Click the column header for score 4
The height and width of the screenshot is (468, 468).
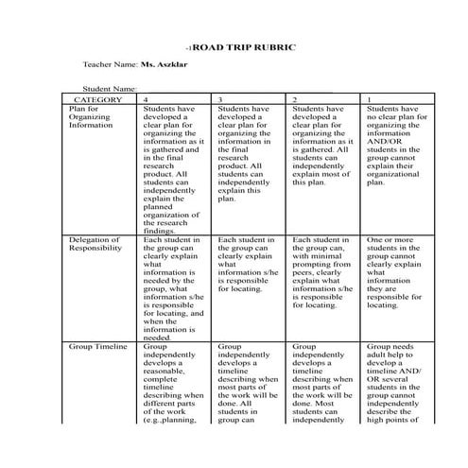145,99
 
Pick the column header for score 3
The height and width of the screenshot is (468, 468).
220,99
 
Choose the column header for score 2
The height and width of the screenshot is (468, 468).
295,99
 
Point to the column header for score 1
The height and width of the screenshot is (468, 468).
369,99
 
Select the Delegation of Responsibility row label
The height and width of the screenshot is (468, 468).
95,245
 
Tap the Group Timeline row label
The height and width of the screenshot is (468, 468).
98,347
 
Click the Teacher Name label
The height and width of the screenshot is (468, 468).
110,69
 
